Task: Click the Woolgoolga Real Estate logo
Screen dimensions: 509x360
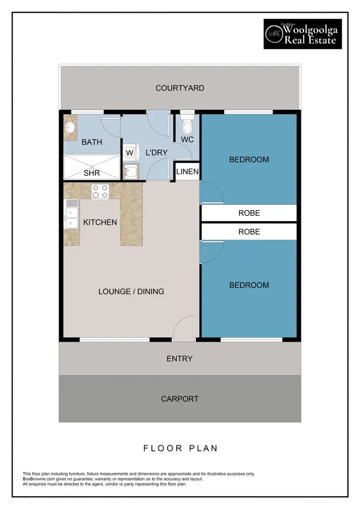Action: point(302,34)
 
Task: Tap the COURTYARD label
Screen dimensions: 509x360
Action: point(180,88)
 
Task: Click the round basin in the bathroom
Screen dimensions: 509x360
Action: point(70,128)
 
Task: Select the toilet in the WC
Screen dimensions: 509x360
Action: point(187,126)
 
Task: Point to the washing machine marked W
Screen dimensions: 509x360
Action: point(129,153)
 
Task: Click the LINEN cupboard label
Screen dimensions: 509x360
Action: point(187,172)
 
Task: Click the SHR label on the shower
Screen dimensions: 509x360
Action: point(91,173)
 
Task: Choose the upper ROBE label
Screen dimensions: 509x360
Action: point(249,213)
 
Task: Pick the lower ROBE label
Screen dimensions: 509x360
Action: point(249,232)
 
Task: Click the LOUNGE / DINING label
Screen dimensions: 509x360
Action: point(131,292)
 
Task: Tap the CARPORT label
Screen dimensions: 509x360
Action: point(180,399)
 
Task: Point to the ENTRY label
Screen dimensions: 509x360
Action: point(180,358)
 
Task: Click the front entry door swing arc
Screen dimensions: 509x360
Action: point(183,329)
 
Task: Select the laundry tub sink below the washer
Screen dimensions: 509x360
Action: point(130,171)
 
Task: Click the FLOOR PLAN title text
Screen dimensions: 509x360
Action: point(180,449)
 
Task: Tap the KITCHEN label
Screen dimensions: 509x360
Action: point(100,223)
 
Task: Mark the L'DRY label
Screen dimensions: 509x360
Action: point(156,153)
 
